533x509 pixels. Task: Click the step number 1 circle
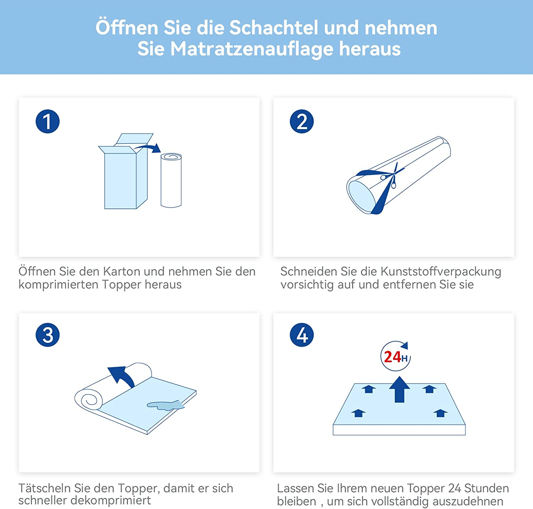coord(48,121)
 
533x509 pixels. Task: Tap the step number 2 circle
coord(302,121)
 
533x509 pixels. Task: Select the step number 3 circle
coord(48,335)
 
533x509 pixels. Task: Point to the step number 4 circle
coord(302,335)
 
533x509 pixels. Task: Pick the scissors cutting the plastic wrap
coord(391,176)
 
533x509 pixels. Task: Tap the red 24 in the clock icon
coord(392,357)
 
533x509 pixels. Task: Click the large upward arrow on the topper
coord(399,389)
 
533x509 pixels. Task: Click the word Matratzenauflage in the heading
coord(251,49)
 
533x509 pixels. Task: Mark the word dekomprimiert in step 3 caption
coord(111,500)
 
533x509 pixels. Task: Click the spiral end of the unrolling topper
coord(89,399)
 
